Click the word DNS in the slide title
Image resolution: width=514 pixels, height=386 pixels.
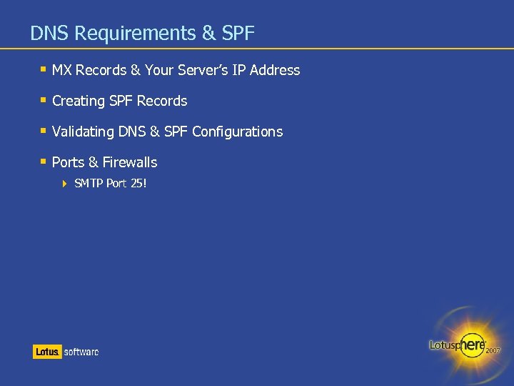pyautogui.click(x=50, y=33)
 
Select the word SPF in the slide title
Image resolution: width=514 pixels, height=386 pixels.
pyautogui.click(x=238, y=33)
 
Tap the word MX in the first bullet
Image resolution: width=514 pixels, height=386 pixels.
pyautogui.click(x=62, y=70)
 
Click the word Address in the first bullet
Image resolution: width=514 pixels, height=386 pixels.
pyautogui.click(x=275, y=70)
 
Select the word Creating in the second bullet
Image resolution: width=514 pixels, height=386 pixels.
pyautogui.click(x=79, y=101)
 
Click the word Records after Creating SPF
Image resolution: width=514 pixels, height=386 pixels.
pyautogui.click(x=162, y=101)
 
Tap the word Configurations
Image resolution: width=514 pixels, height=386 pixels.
pyautogui.click(x=237, y=132)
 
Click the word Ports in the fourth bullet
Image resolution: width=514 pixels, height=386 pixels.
pyautogui.click(x=68, y=162)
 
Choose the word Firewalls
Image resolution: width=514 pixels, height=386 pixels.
pyautogui.click(x=130, y=162)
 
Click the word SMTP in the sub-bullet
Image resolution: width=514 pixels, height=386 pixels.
pyautogui.click(x=89, y=184)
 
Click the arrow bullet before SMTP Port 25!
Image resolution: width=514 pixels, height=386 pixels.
pyautogui.click(x=64, y=184)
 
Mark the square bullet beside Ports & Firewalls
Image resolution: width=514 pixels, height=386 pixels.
pyautogui.click(x=44, y=162)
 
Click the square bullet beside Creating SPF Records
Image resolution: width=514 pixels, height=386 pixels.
pyautogui.click(x=44, y=100)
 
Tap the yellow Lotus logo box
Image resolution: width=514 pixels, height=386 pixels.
pyautogui.click(x=47, y=352)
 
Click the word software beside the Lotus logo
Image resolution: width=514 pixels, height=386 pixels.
pyautogui.click(x=81, y=352)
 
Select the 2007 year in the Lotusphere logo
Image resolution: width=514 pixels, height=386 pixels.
pyautogui.click(x=493, y=351)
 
